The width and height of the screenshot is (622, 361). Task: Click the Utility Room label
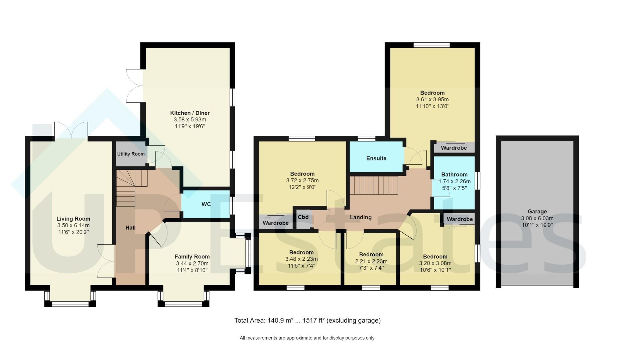pyautogui.click(x=131, y=154)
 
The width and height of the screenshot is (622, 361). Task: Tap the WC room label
pyautogui.click(x=206, y=204)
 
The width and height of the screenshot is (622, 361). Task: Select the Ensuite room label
pyautogui.click(x=376, y=158)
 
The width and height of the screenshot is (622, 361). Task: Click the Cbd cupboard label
pyautogui.click(x=303, y=217)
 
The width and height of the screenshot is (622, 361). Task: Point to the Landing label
pyautogui.click(x=361, y=218)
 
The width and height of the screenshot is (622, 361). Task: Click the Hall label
pyautogui.click(x=130, y=228)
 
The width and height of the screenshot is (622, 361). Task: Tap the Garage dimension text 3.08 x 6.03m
pyautogui.click(x=537, y=218)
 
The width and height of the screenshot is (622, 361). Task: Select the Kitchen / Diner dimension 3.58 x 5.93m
pyautogui.click(x=190, y=120)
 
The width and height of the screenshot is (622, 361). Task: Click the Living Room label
pyautogui.click(x=74, y=219)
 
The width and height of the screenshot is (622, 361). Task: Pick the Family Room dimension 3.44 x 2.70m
pyautogui.click(x=192, y=263)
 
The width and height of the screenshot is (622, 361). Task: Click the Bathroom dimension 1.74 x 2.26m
pyautogui.click(x=455, y=182)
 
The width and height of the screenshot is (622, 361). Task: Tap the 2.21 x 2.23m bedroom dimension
pyautogui.click(x=371, y=261)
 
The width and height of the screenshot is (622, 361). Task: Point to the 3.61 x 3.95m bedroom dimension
pyautogui.click(x=432, y=100)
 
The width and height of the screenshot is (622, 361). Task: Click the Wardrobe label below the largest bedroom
pyautogui.click(x=454, y=148)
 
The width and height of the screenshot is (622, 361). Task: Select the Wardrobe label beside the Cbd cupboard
pyautogui.click(x=276, y=223)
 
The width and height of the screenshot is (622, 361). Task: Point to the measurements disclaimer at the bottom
pyautogui.click(x=307, y=338)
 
